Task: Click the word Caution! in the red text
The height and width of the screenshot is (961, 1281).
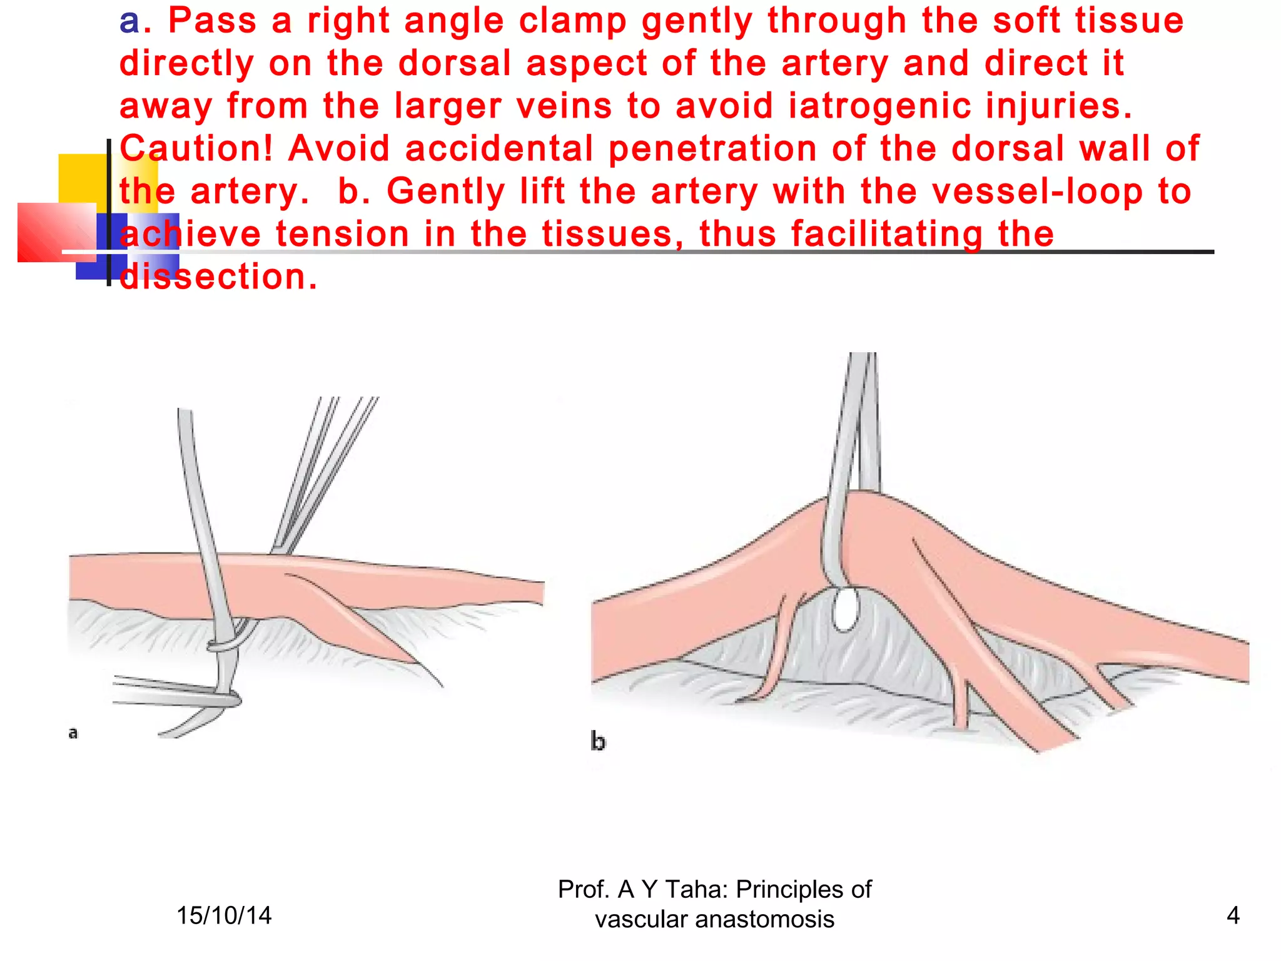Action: pos(196,149)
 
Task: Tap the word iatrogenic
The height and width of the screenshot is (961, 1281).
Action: pos(879,106)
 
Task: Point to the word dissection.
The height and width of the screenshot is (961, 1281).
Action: pos(218,277)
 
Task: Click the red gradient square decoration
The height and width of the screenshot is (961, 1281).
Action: pos(56,232)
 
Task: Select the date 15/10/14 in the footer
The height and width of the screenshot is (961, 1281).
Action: pos(224,916)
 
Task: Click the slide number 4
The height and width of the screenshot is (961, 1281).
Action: pos(1233,916)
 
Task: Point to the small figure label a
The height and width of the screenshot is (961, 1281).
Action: pos(73,733)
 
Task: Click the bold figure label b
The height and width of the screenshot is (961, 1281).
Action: pos(598,742)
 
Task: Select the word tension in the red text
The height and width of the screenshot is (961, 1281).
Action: pos(342,235)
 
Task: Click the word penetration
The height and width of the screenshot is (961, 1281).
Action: pos(712,149)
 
